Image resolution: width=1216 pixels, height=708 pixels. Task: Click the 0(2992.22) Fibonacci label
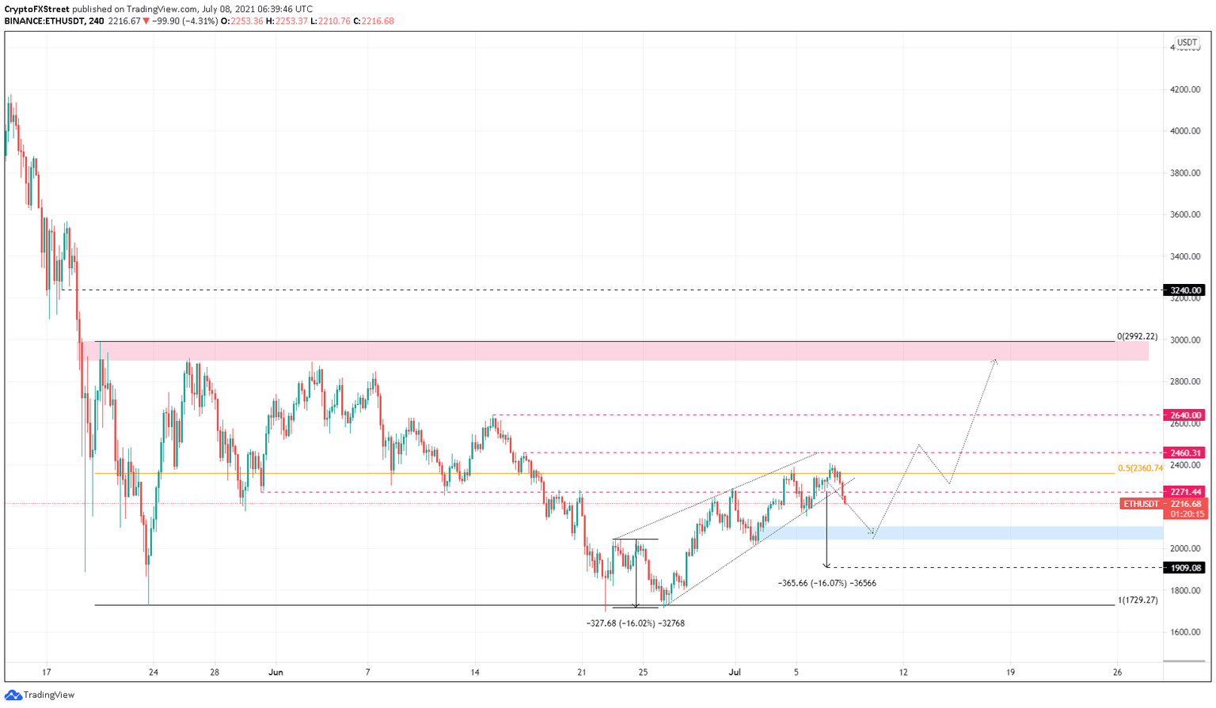[1137, 337]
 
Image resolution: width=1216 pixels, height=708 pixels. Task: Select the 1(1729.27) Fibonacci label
[1137, 600]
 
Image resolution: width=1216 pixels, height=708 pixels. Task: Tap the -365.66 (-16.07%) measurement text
[826, 583]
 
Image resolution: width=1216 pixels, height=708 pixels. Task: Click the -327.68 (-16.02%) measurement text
[635, 623]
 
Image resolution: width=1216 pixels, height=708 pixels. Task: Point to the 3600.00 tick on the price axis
[1184, 214]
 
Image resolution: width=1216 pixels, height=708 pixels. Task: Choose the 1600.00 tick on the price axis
[1184, 632]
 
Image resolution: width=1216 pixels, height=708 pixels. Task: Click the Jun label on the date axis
[275, 672]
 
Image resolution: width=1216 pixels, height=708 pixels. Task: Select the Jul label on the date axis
[735, 672]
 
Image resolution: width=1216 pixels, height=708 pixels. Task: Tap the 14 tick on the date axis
[475, 672]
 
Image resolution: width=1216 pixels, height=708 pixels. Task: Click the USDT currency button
[1187, 43]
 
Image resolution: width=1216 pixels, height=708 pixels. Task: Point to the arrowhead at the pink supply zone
[995, 362]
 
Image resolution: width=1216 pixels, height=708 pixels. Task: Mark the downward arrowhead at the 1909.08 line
[826, 565]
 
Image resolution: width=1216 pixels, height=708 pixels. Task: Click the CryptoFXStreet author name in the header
[36, 9]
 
